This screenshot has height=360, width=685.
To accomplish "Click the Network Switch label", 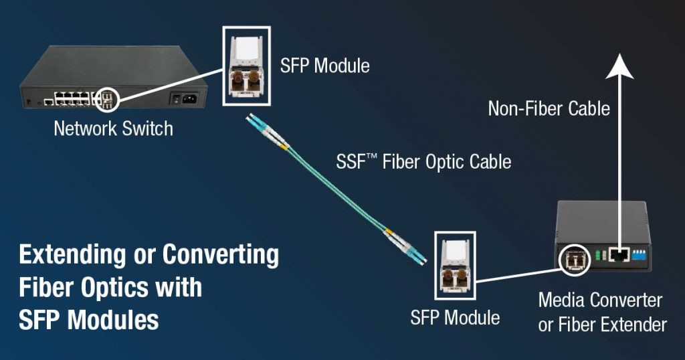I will (113, 128).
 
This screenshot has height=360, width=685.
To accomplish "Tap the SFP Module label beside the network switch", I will (324, 66).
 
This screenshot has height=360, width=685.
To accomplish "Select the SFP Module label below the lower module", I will (455, 317).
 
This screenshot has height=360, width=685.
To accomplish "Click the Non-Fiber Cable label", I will (549, 108).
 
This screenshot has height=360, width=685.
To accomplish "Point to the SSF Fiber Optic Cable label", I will (423, 161).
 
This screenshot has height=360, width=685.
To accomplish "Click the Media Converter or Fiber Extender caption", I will (602, 312).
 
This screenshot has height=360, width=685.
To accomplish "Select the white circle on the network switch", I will (107, 100).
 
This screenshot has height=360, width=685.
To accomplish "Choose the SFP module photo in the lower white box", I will (454, 265).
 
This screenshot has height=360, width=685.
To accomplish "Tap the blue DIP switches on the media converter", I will (642, 254).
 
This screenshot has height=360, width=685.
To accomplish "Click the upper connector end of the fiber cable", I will (258, 126).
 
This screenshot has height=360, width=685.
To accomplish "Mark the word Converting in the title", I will (221, 256).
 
